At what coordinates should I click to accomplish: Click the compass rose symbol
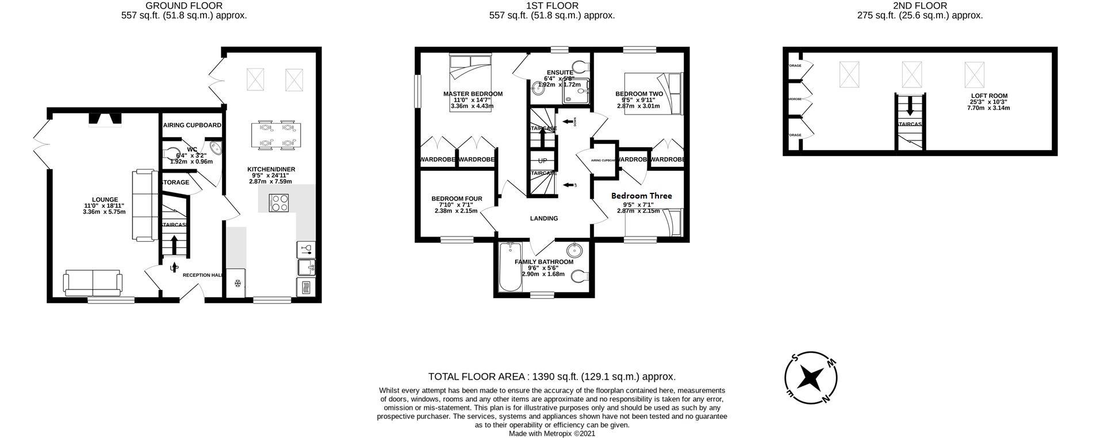(811, 378)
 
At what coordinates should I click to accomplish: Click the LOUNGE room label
(104, 200)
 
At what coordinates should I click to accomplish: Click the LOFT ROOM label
(989, 96)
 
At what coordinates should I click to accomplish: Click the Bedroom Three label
(641, 196)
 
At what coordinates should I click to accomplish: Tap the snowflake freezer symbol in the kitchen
(236, 283)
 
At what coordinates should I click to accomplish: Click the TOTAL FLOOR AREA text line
(551, 376)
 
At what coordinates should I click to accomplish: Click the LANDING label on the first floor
(543, 218)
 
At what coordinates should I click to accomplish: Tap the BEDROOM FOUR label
(457, 199)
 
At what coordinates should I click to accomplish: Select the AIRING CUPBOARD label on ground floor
(192, 125)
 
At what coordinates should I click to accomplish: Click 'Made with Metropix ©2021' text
(551, 433)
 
